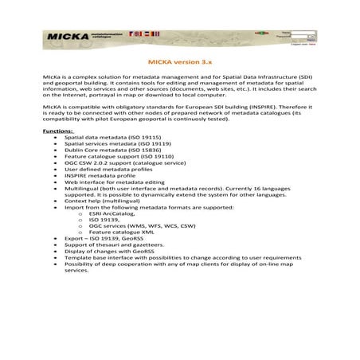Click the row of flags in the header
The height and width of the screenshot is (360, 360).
pyautogui.click(x=147, y=33)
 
